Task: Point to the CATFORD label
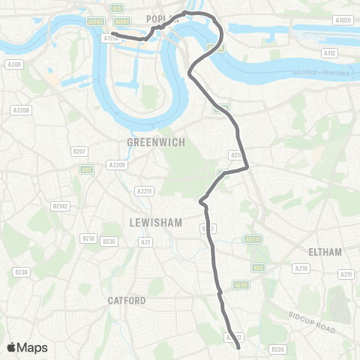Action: [x=126, y=301]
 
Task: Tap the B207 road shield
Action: [x=81, y=151]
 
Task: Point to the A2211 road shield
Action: [x=144, y=191]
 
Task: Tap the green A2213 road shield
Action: [x=253, y=239]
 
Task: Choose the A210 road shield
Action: [x=301, y=268]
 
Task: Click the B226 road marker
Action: [x=278, y=349]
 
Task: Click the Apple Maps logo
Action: [x=27, y=347]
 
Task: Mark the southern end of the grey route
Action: [x=238, y=348]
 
